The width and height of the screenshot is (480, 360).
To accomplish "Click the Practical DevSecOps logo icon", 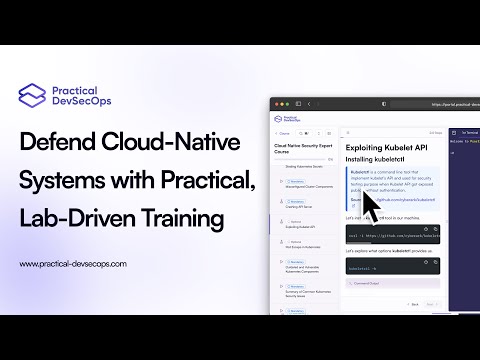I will point(32,95).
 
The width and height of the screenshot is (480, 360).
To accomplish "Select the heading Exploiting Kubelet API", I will point(386,147).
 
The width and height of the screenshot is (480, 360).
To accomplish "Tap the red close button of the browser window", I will point(274,103).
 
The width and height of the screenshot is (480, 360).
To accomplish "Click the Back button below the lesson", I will point(413,304).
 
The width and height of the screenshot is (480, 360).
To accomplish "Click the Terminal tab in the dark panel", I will point(468,132).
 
